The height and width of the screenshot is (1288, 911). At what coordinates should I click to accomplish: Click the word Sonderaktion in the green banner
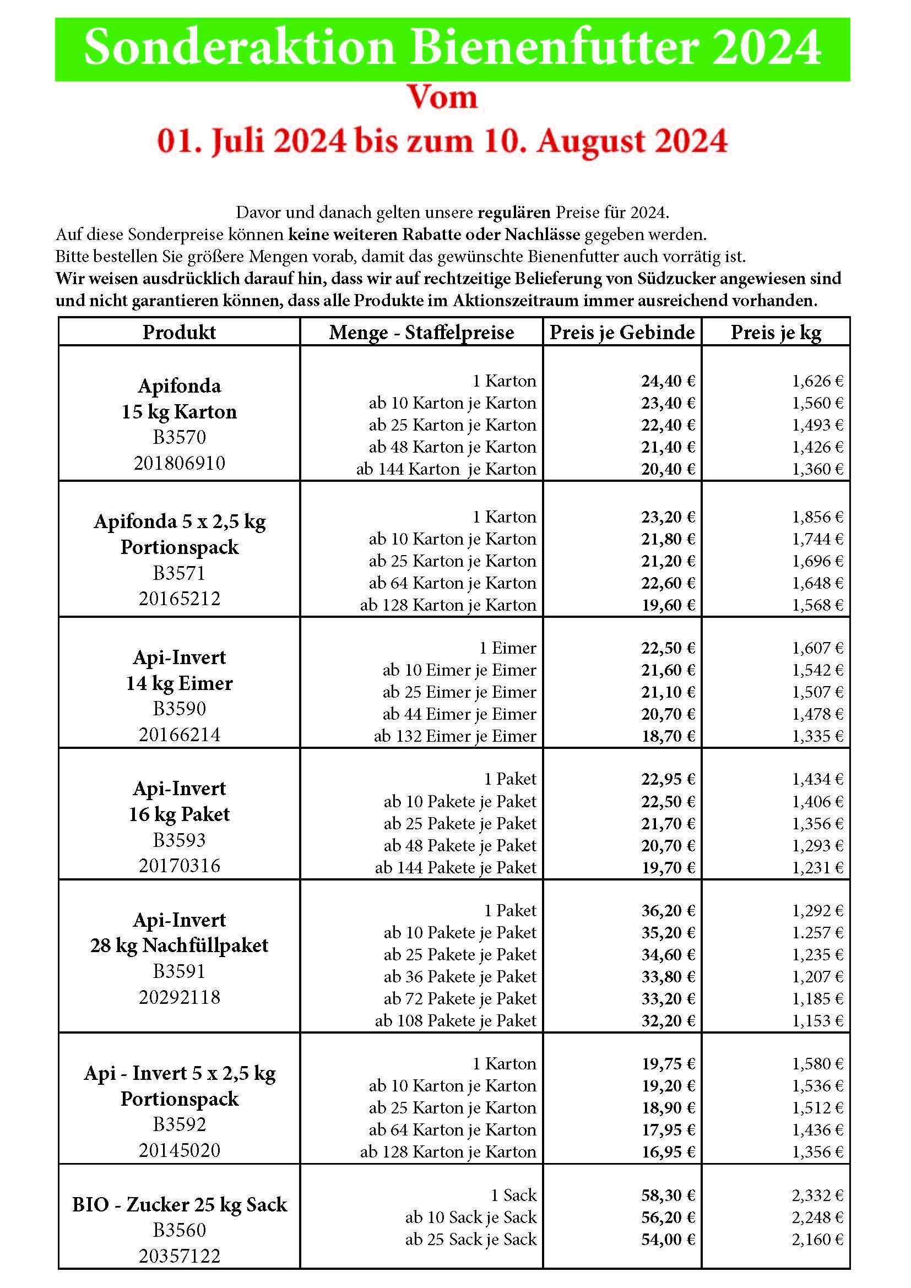coord(240,48)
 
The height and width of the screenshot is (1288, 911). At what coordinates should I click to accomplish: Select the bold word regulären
coord(514,213)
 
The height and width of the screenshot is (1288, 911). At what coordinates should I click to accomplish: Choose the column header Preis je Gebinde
coord(621,332)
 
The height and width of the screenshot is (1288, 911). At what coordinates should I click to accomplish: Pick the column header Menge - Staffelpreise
coord(421,332)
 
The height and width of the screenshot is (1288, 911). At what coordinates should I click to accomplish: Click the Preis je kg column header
coord(776,332)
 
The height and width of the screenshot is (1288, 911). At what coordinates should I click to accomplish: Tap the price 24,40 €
coord(668,381)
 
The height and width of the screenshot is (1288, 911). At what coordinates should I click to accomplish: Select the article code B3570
coord(180,437)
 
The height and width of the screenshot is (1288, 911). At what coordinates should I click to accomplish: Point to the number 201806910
coord(180,463)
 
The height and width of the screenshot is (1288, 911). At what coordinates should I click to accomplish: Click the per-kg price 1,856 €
coord(817,517)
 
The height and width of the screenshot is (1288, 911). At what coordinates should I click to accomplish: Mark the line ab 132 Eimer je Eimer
coord(455,736)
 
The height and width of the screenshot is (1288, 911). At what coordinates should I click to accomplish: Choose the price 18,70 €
coord(668,736)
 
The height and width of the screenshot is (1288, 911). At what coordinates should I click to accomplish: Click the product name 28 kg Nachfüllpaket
coord(180,945)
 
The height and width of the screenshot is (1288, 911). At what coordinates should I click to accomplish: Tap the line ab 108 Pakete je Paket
coord(455,1020)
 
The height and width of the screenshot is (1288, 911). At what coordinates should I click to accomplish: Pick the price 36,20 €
coord(668,910)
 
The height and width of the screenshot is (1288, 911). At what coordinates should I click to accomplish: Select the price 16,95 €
coord(668,1151)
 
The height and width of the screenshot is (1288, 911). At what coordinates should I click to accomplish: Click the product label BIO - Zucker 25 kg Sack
coord(180,1204)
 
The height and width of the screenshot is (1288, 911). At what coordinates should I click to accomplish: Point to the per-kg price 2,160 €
coord(817,1239)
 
